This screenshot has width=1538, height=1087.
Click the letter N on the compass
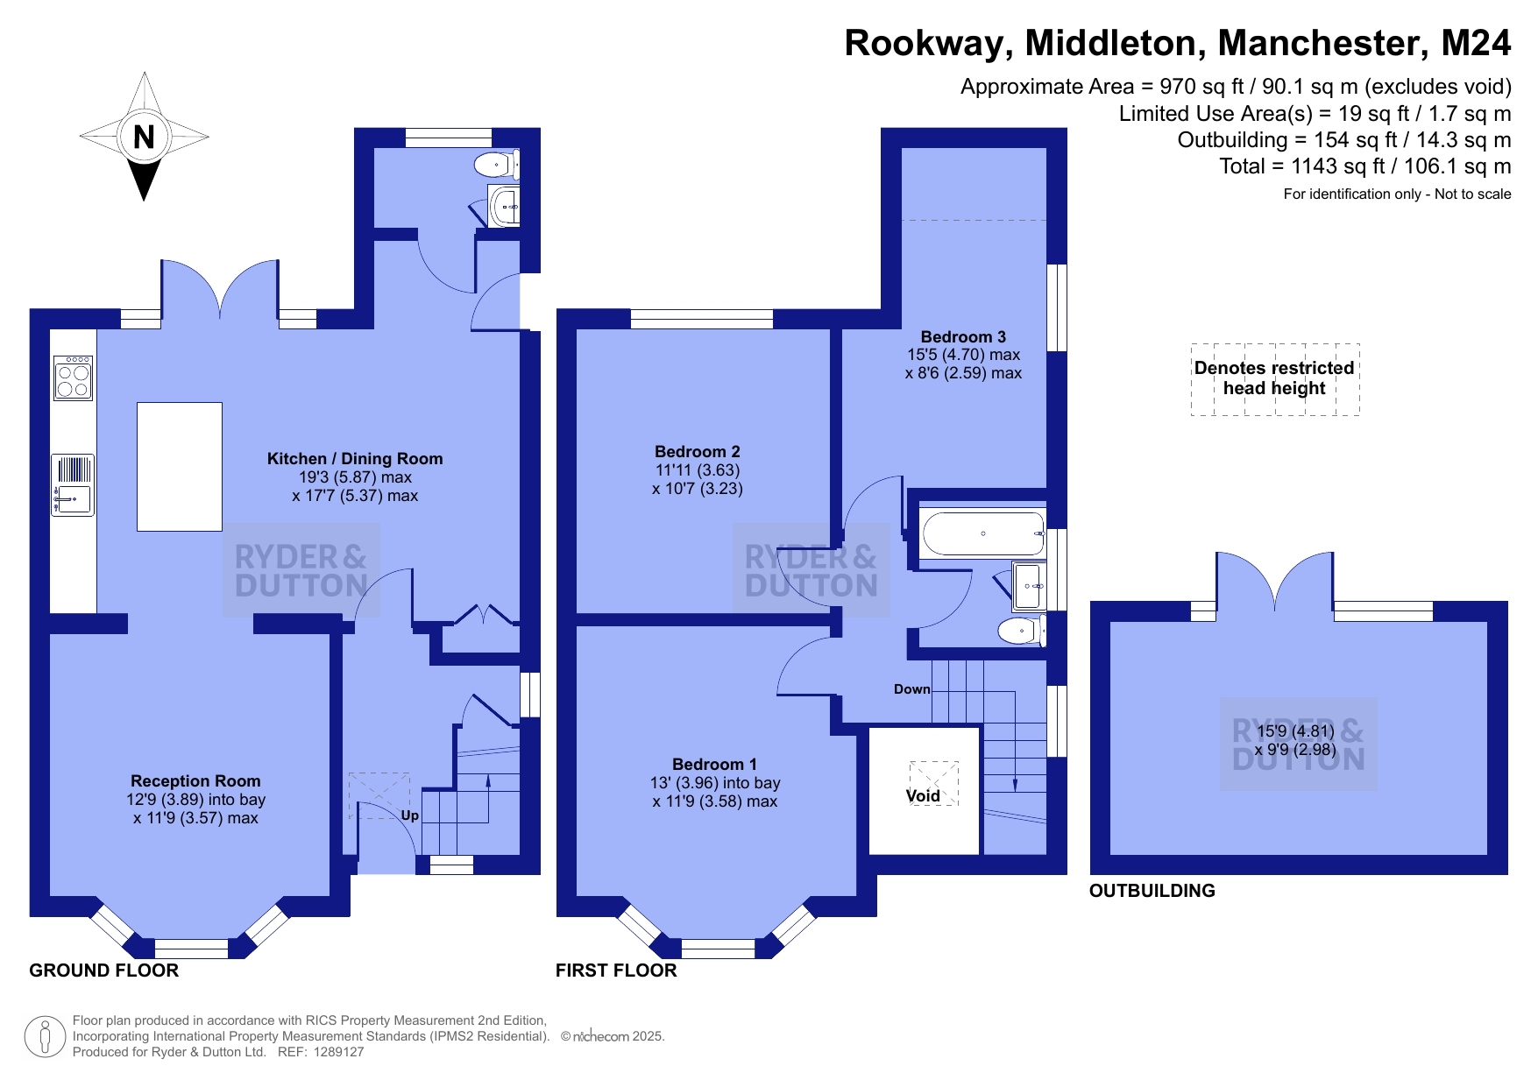click(144, 137)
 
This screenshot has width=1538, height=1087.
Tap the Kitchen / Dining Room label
click(355, 458)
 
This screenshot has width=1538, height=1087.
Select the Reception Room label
click(195, 780)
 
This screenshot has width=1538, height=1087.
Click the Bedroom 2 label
click(698, 452)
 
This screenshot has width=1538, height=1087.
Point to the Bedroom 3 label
click(963, 337)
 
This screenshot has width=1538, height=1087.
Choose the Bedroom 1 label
click(714, 765)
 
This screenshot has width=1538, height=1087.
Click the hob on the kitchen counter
click(73, 377)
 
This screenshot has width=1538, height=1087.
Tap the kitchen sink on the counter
click(73, 485)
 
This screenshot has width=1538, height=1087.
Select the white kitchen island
click(180, 467)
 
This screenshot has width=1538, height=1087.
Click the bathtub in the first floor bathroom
click(983, 533)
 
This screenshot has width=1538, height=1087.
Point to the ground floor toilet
click(496, 164)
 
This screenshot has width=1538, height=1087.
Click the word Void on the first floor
click(923, 796)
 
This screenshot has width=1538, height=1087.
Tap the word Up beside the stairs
click(409, 815)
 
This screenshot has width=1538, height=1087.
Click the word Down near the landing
click(912, 689)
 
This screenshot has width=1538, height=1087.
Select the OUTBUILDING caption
click(1152, 891)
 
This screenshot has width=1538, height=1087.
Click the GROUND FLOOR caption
click(104, 971)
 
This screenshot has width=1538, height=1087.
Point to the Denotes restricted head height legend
click(1274, 378)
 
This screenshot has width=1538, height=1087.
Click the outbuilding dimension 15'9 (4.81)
click(1295, 731)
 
